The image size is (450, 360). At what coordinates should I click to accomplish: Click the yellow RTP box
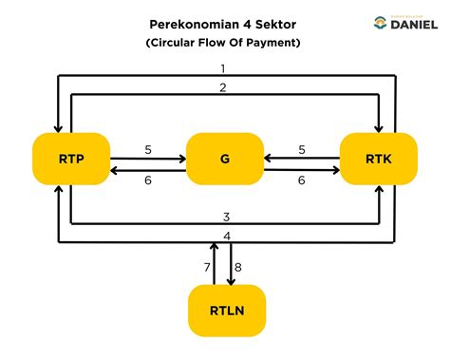pyautogui.click(x=71, y=158)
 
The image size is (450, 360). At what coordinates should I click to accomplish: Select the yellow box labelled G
pyautogui.click(x=224, y=158)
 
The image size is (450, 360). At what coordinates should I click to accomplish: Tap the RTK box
pyautogui.click(x=378, y=158)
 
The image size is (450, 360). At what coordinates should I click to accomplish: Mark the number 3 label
pyautogui.click(x=226, y=218)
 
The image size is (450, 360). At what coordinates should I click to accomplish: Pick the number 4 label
pyautogui.click(x=226, y=236)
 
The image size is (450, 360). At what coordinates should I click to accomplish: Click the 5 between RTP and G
pyautogui.click(x=148, y=149)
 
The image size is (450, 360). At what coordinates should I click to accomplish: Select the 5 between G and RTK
pyautogui.click(x=301, y=149)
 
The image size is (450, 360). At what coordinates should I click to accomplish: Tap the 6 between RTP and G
pyautogui.click(x=148, y=180)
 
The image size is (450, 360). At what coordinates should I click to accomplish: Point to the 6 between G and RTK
pyautogui.click(x=301, y=180)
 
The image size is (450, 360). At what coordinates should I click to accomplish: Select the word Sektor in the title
pyautogui.click(x=277, y=22)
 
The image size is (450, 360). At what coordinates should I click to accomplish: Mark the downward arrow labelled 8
pyautogui.click(x=230, y=263)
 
